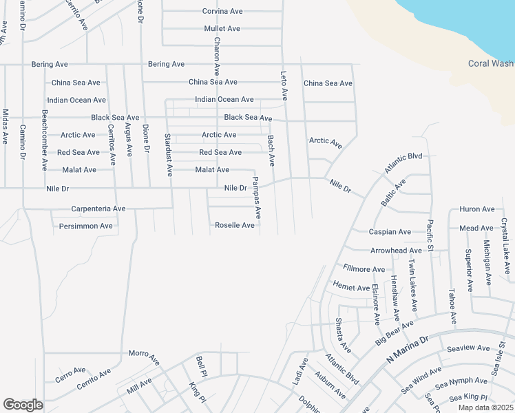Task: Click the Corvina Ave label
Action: [x=222, y=12]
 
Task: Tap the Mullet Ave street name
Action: [x=222, y=29]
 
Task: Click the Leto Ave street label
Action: [x=283, y=85]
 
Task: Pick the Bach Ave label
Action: [x=271, y=151]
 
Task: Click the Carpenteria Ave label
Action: [x=98, y=209]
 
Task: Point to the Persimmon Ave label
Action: [x=85, y=226]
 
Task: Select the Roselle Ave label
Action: [x=235, y=225]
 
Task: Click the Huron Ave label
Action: [x=477, y=209]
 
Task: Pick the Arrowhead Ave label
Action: [x=396, y=251]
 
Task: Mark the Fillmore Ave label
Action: [x=364, y=268]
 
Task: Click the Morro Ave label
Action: [x=144, y=354]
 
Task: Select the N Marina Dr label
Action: [x=407, y=351]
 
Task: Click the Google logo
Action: [x=23, y=405]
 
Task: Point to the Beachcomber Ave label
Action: [x=44, y=140]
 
